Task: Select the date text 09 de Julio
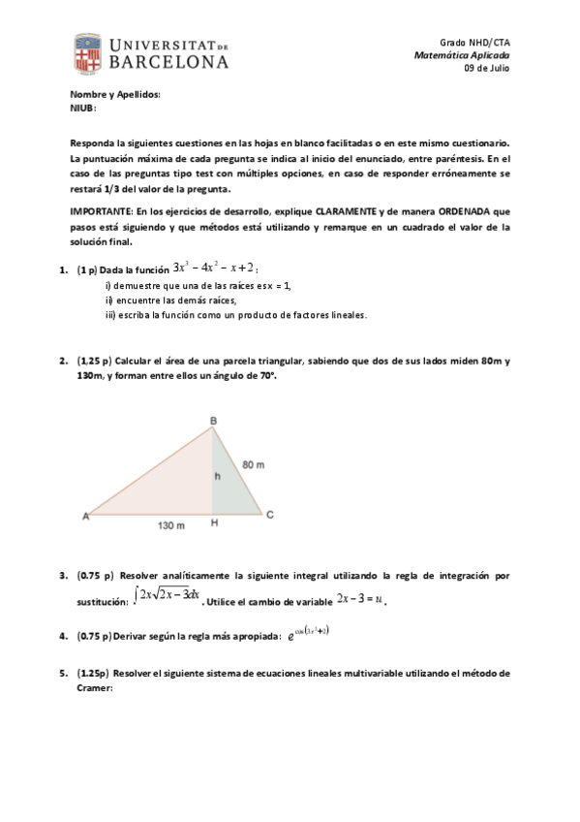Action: click(x=487, y=68)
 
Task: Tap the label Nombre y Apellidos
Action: click(x=115, y=95)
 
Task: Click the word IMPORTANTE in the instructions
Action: click(x=103, y=210)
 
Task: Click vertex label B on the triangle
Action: click(x=213, y=420)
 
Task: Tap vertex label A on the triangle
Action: click(x=85, y=516)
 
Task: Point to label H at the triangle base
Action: click(x=213, y=524)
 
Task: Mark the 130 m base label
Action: click(x=171, y=525)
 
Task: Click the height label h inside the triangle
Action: click(x=218, y=476)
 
